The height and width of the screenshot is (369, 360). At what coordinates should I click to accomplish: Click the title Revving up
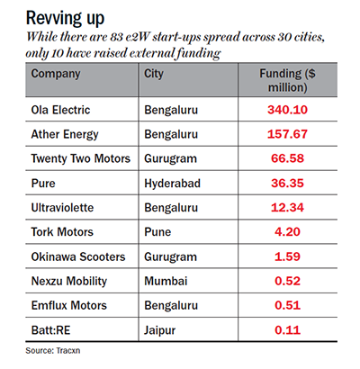[x=65, y=18]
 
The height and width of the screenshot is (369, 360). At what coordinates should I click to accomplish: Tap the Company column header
[x=56, y=74]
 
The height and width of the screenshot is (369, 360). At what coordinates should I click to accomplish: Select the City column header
[x=154, y=74]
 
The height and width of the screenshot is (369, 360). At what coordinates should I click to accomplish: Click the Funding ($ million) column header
[x=287, y=80]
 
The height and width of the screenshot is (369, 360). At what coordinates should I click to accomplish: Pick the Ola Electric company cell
[x=60, y=110]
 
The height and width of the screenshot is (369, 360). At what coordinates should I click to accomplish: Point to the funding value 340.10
[x=287, y=110]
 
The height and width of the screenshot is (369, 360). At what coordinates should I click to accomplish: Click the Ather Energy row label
[x=65, y=134]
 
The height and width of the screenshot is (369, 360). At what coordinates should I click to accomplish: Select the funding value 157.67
[x=287, y=134]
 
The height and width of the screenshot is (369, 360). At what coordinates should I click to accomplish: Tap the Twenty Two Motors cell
[x=81, y=158]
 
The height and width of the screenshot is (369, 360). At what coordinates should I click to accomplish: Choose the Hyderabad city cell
[x=172, y=184]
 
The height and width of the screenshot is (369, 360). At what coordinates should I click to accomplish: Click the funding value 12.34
[x=287, y=208]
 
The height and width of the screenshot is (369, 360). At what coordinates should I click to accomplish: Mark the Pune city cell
[x=157, y=232]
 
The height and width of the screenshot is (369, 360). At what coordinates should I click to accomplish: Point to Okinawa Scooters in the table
[x=78, y=256]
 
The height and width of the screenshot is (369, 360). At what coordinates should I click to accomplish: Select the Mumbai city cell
[x=166, y=281]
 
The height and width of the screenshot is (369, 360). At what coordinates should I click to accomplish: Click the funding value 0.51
[x=287, y=305]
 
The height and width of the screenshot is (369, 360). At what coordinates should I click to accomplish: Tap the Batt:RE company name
[x=50, y=330]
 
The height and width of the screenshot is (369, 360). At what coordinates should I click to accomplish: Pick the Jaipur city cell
[x=160, y=330]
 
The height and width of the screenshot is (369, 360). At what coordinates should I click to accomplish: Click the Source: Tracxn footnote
[x=53, y=351]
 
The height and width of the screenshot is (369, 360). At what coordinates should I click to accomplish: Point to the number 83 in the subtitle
[x=116, y=37]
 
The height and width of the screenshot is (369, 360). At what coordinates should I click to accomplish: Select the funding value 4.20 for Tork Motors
[x=287, y=232]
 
